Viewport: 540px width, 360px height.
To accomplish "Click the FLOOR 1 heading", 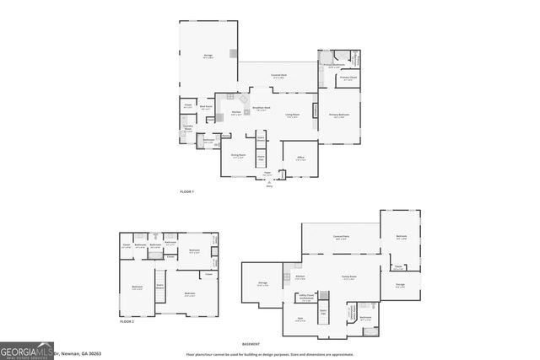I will click(187, 192).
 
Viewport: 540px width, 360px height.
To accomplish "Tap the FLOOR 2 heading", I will click(127, 321).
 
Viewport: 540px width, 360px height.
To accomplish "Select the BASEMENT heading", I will click(251, 344).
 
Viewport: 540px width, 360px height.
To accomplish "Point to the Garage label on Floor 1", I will click(208, 56).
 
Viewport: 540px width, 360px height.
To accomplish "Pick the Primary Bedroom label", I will click(339, 116).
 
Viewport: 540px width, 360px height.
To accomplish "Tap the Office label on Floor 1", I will click(300, 158).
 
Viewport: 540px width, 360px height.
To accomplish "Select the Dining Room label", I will click(239, 156).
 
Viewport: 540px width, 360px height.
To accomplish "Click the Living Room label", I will click(293, 116).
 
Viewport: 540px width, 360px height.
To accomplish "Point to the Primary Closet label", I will click(347, 78).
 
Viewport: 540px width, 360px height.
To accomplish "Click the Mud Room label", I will click(206, 107).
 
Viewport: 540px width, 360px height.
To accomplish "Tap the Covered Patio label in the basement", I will click(342, 236).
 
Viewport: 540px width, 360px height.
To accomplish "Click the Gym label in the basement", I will click(300, 318).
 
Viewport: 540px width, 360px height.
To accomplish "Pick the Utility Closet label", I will click(306, 296).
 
